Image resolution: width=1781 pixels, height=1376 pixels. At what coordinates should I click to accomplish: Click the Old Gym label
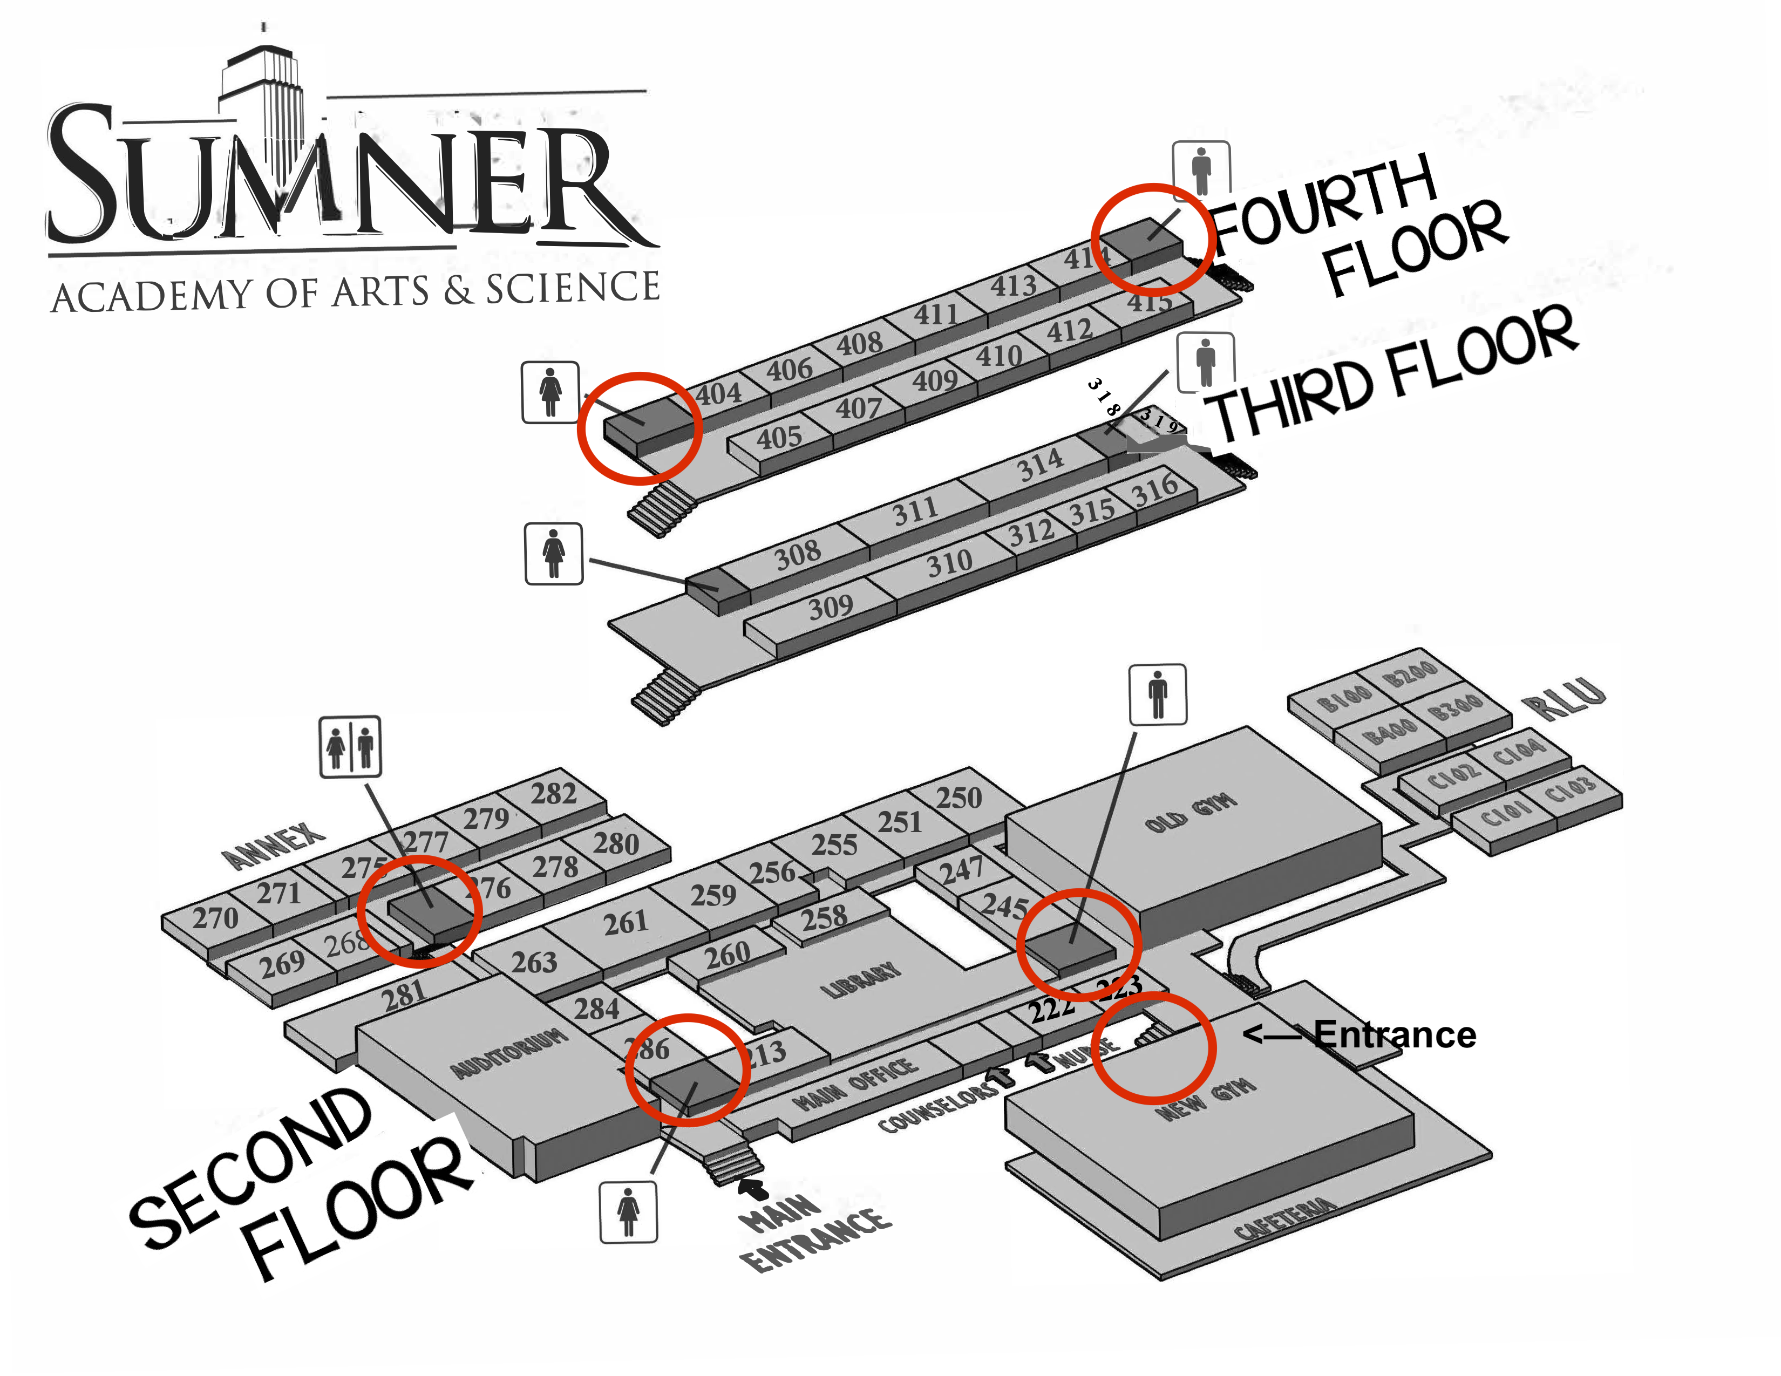(x=1191, y=814)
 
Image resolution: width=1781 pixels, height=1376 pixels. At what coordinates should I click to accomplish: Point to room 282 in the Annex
(x=554, y=793)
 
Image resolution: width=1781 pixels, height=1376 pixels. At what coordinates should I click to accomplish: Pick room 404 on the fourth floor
(x=718, y=394)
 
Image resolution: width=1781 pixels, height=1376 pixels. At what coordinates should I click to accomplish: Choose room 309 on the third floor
(x=830, y=607)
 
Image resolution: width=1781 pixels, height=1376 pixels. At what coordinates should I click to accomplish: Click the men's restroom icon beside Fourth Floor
(x=1200, y=171)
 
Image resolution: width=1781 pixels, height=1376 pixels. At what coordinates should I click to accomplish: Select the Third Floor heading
(x=1390, y=375)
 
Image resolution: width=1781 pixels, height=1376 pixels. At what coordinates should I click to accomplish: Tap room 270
(x=215, y=919)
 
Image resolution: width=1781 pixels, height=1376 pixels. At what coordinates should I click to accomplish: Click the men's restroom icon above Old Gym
(x=1157, y=694)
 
